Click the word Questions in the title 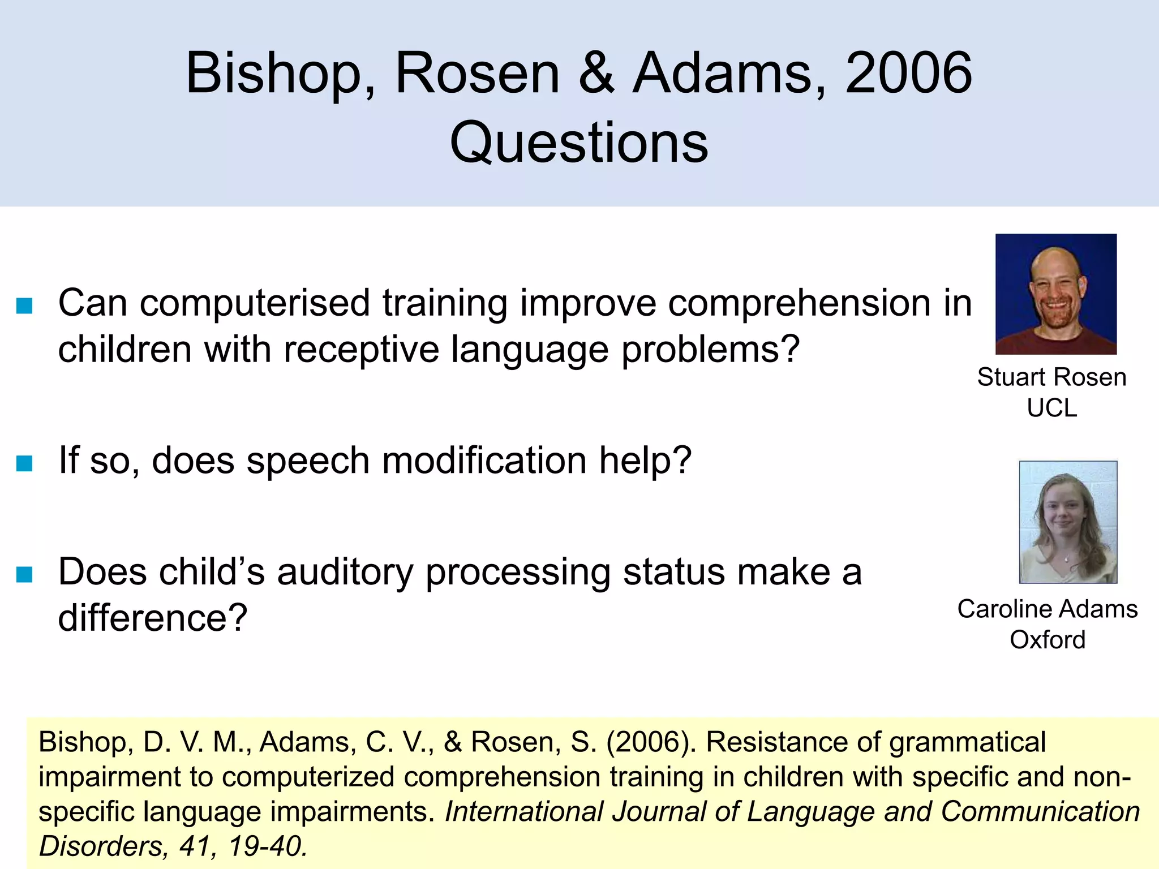(578, 143)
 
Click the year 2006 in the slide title (908, 74)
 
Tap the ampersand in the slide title (596, 74)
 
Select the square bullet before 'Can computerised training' (24, 306)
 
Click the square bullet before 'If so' (24, 463)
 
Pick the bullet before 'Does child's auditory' (24, 575)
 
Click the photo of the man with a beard (1055, 294)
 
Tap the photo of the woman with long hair (1067, 522)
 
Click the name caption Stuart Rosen (1051, 377)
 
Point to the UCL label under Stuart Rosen (1051, 408)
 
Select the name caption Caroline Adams (1047, 609)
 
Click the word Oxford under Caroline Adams (1048, 640)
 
